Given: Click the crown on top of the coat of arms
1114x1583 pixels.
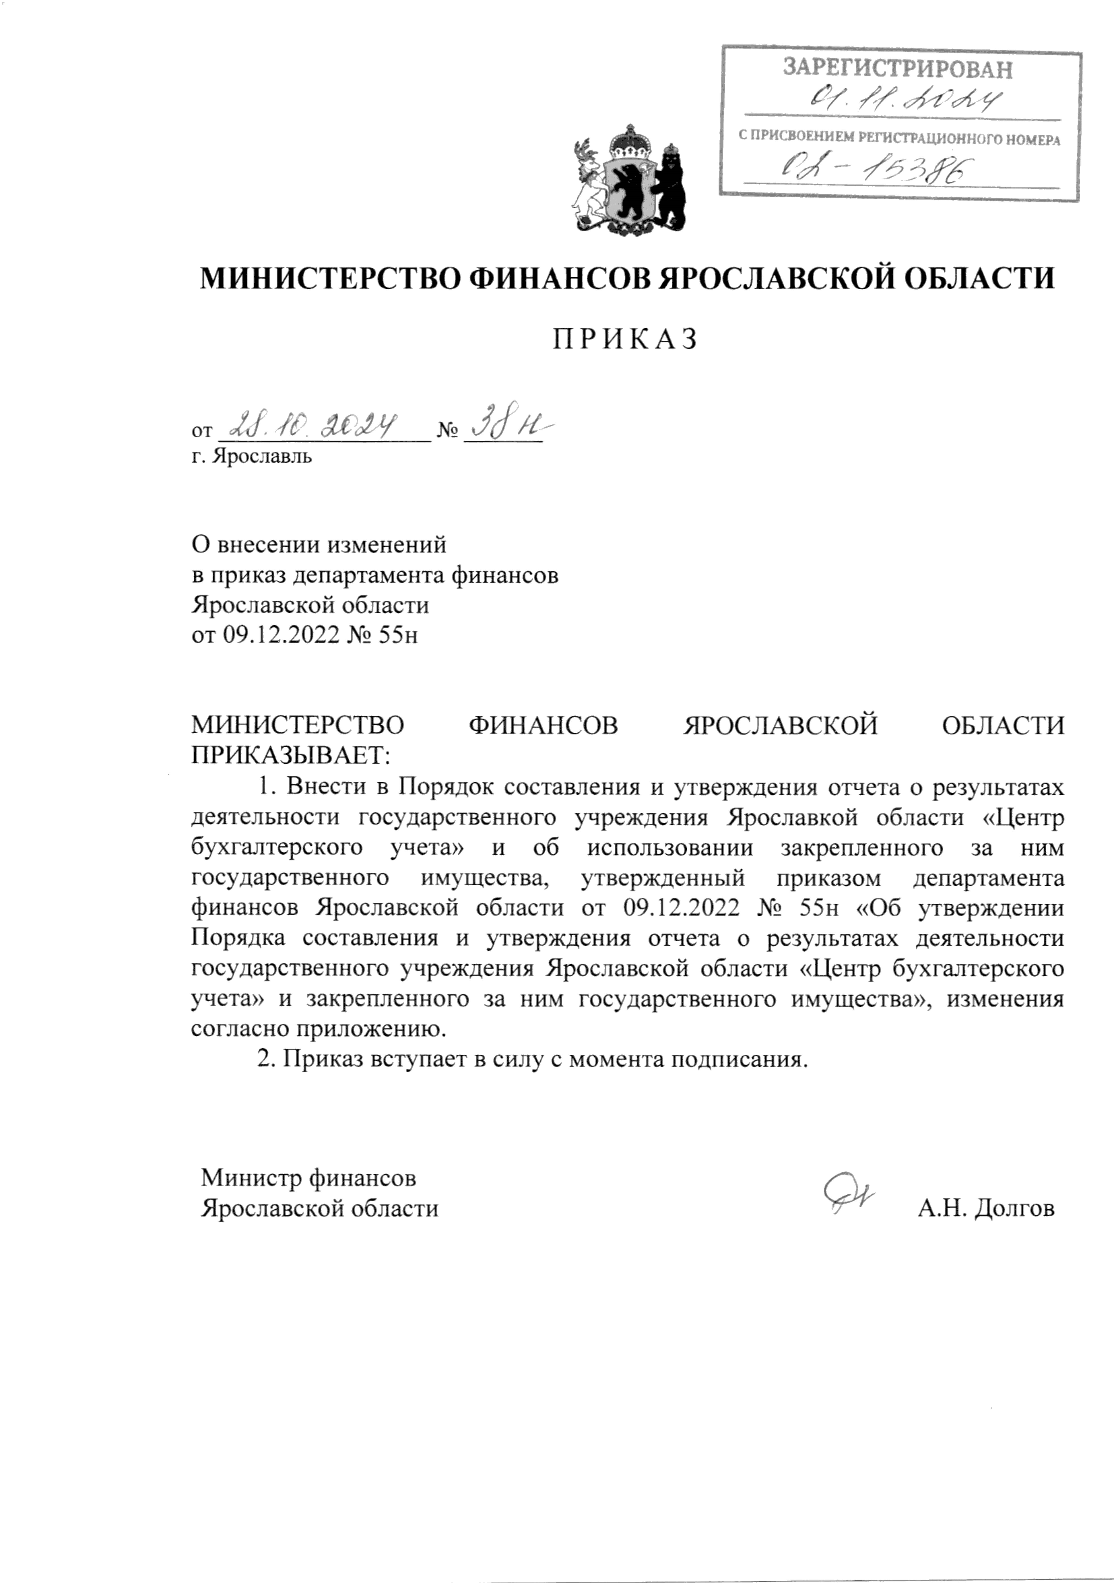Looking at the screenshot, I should coord(629,138).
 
